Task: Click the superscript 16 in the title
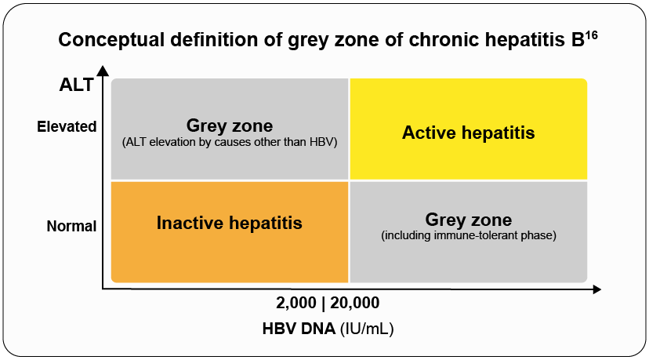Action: (592, 35)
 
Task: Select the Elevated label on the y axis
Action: (67, 126)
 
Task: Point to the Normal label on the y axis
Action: (71, 227)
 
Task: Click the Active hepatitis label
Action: (468, 133)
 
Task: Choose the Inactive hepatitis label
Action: (229, 223)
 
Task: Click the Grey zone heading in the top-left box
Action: (229, 125)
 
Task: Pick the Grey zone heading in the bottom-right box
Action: (468, 220)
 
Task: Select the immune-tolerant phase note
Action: (468, 235)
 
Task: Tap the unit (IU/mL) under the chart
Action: (366, 329)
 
